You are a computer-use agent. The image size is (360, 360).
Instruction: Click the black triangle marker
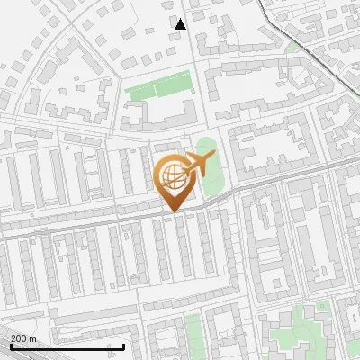(x=181, y=23)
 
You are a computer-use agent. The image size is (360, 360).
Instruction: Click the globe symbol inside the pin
(x=171, y=177)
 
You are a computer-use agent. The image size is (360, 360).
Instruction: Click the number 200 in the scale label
(x=20, y=337)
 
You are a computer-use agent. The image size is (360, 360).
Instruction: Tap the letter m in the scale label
(x=33, y=337)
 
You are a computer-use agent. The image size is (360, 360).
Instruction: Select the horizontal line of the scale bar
(x=67, y=346)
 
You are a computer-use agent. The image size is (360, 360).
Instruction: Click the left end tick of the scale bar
(x=10, y=344)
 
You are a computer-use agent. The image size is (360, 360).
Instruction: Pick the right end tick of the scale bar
(x=123, y=344)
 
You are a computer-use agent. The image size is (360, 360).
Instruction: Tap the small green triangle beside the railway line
(x=294, y=46)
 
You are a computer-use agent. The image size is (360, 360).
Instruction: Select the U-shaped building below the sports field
(x=162, y=117)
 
